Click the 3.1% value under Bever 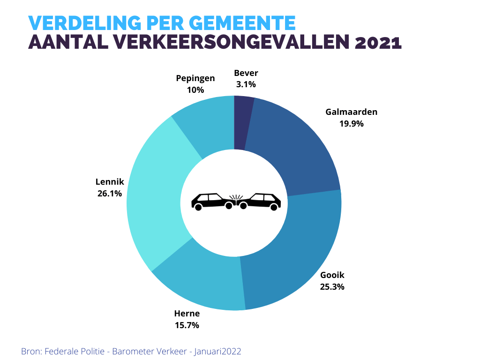tap(246, 84)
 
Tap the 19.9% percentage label tap(351, 124)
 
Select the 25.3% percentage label tap(332, 286)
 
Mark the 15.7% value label tap(187, 325)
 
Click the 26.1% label tap(110, 193)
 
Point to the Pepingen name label tap(195, 78)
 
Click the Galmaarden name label tap(351, 112)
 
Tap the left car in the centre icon tap(212, 202)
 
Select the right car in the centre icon tap(260, 202)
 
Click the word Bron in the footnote tap(30, 351)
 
